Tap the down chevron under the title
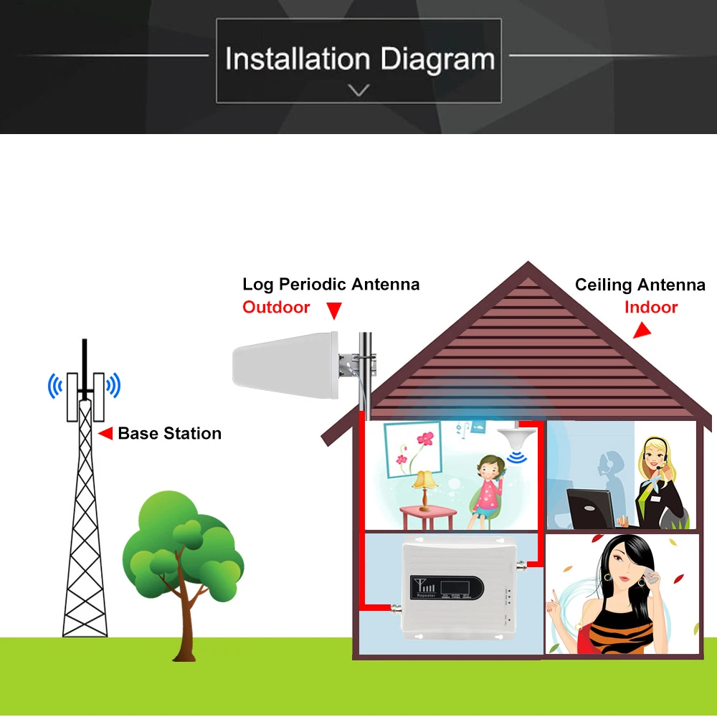click(x=358, y=90)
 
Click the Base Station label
click(x=169, y=433)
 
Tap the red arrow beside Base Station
click(x=105, y=433)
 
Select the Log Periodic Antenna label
click(x=331, y=284)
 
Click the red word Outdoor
click(x=276, y=308)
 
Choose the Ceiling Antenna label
click(x=640, y=285)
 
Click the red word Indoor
click(x=650, y=308)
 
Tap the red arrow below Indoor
click(x=641, y=331)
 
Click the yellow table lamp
click(x=426, y=483)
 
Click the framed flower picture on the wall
click(x=413, y=449)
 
